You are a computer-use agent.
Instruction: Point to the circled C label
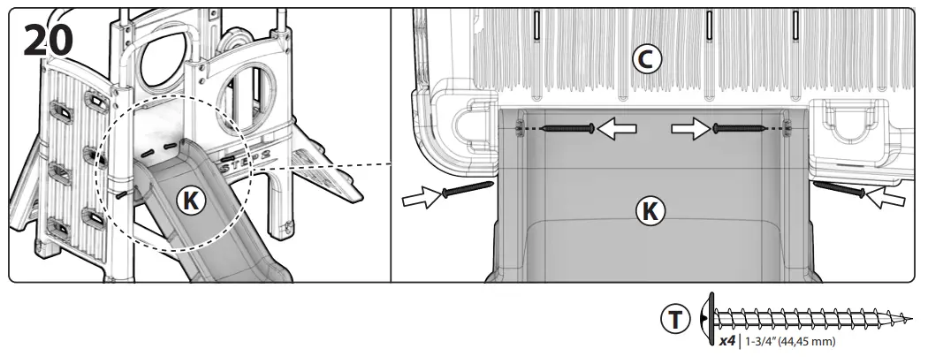pyautogui.click(x=646, y=58)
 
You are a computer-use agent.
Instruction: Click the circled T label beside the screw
pyautogui.click(x=676, y=320)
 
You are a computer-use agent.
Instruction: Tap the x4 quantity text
pyautogui.click(x=727, y=340)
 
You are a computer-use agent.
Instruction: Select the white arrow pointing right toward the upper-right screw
pyautogui.click(x=690, y=130)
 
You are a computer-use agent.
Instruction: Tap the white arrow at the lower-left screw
pyautogui.click(x=421, y=199)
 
